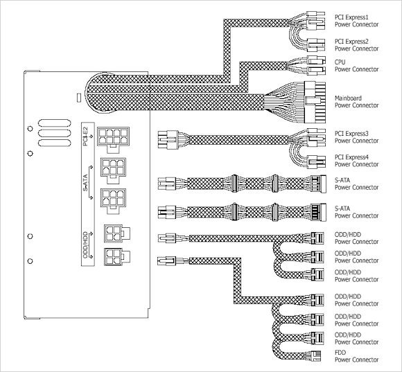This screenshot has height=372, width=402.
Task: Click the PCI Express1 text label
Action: coord(351,17)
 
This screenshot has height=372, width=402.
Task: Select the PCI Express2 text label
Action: coord(351,42)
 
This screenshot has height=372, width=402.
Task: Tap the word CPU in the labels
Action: coord(340,62)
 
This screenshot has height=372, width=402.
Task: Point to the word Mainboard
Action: coord(348,98)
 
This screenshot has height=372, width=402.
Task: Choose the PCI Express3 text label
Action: coord(351,134)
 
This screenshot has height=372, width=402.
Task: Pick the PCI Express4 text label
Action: coord(351,157)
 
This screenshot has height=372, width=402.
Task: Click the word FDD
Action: coord(340,353)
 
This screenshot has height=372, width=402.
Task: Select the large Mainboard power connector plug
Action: coord(315,103)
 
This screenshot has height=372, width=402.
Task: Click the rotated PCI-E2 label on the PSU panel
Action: coord(86,136)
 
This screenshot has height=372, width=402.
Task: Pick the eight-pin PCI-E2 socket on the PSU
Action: coord(113,140)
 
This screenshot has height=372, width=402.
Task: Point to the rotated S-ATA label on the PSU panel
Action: coord(85,183)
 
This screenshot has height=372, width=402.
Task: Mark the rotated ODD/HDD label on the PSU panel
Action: coord(85,245)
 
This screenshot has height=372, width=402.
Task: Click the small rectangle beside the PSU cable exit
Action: coord(79,98)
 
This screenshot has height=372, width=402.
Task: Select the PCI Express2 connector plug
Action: coord(316,45)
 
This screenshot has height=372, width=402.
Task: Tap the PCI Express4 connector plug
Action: coord(317,162)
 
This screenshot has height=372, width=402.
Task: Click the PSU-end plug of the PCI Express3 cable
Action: coord(168,140)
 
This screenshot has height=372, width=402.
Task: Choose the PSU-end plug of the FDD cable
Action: coord(166,261)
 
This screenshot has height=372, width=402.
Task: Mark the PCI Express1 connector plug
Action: coord(316,21)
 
